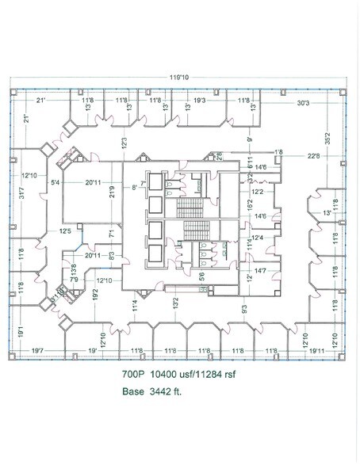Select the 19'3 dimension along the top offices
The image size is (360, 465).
pos(198,101)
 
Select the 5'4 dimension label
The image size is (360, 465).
pos(56,183)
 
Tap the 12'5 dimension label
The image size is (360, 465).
pos(64,231)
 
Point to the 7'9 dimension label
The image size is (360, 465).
pos(73,280)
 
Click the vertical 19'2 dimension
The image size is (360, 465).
pos(94,295)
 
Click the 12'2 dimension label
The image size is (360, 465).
pos(258,192)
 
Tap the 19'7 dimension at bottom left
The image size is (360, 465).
pos(36,350)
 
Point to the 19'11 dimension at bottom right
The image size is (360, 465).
pos(318,350)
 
